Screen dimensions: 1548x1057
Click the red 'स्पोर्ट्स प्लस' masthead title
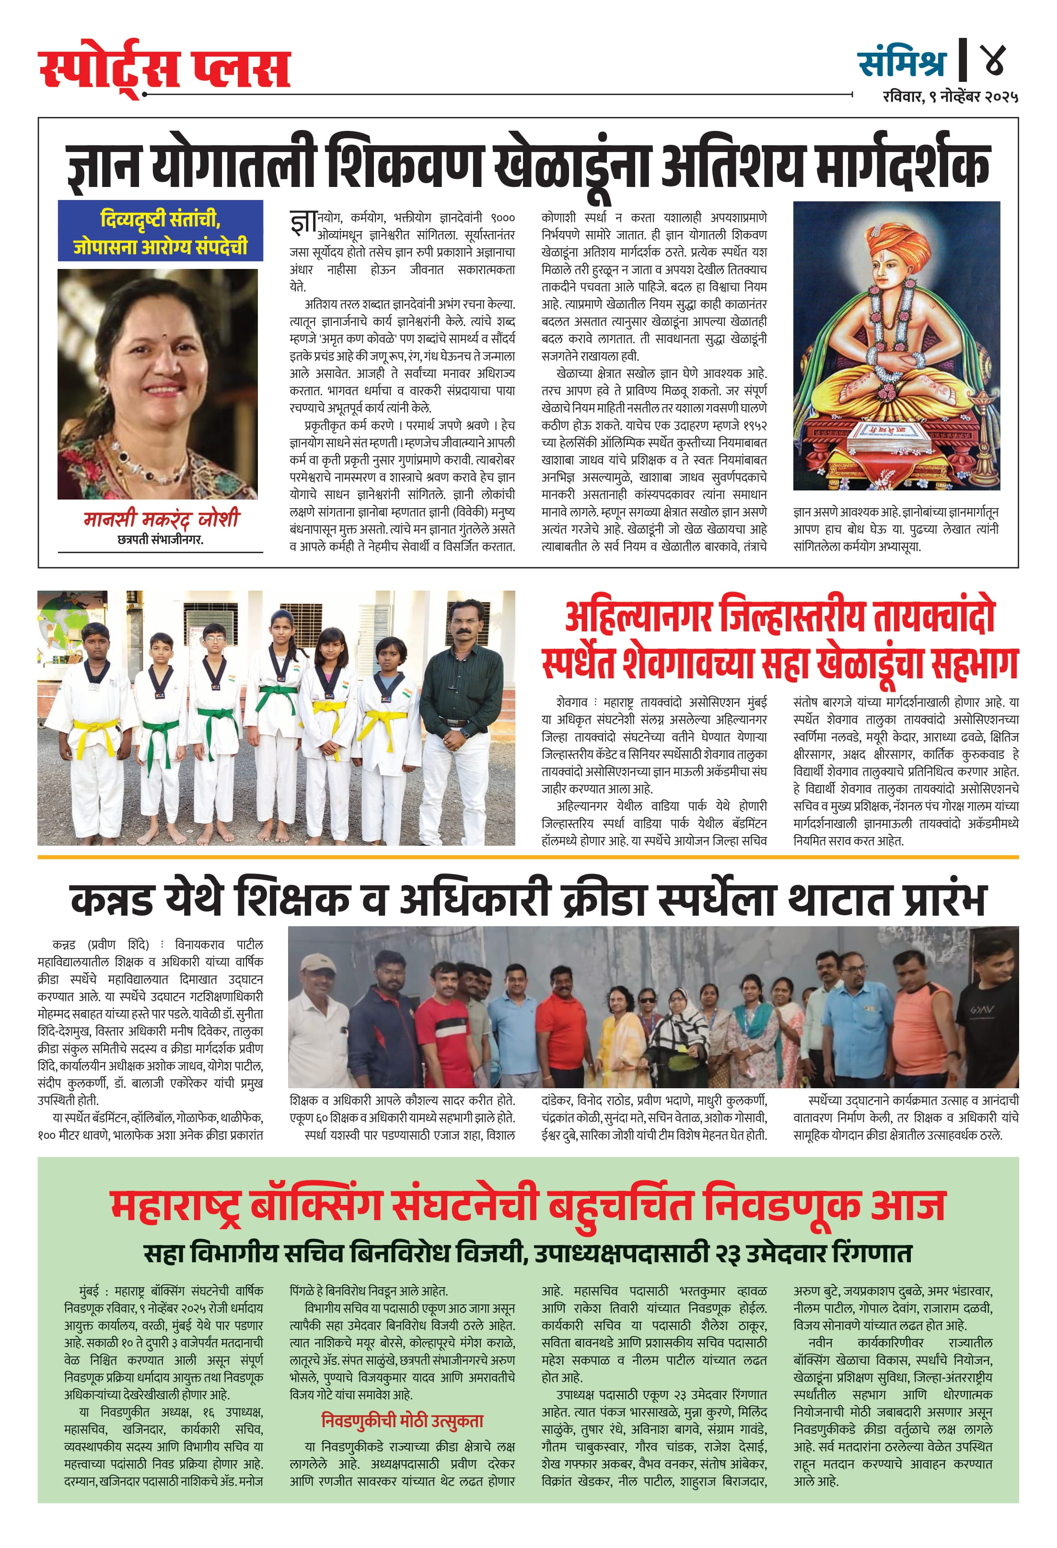coord(164,69)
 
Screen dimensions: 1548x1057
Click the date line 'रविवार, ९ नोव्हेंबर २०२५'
coord(951,96)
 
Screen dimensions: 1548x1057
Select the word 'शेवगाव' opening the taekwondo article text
coord(572,702)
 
